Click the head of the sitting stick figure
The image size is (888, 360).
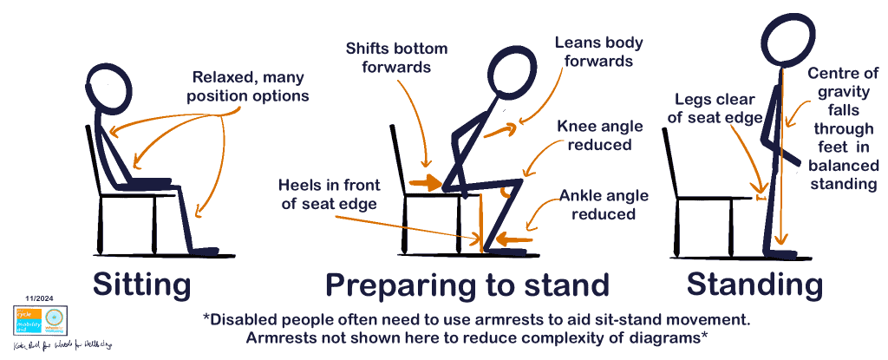tap(111, 88)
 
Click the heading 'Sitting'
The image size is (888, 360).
tap(140, 284)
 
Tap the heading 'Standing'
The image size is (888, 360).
tap(754, 284)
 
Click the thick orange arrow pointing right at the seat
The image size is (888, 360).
tap(426, 182)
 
